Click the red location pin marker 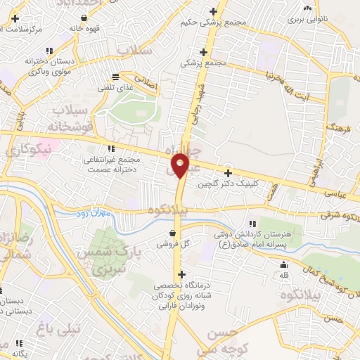181,165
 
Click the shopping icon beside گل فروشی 173,233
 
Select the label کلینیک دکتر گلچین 228,184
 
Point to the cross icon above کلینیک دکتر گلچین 228,173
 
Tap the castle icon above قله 283,264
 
